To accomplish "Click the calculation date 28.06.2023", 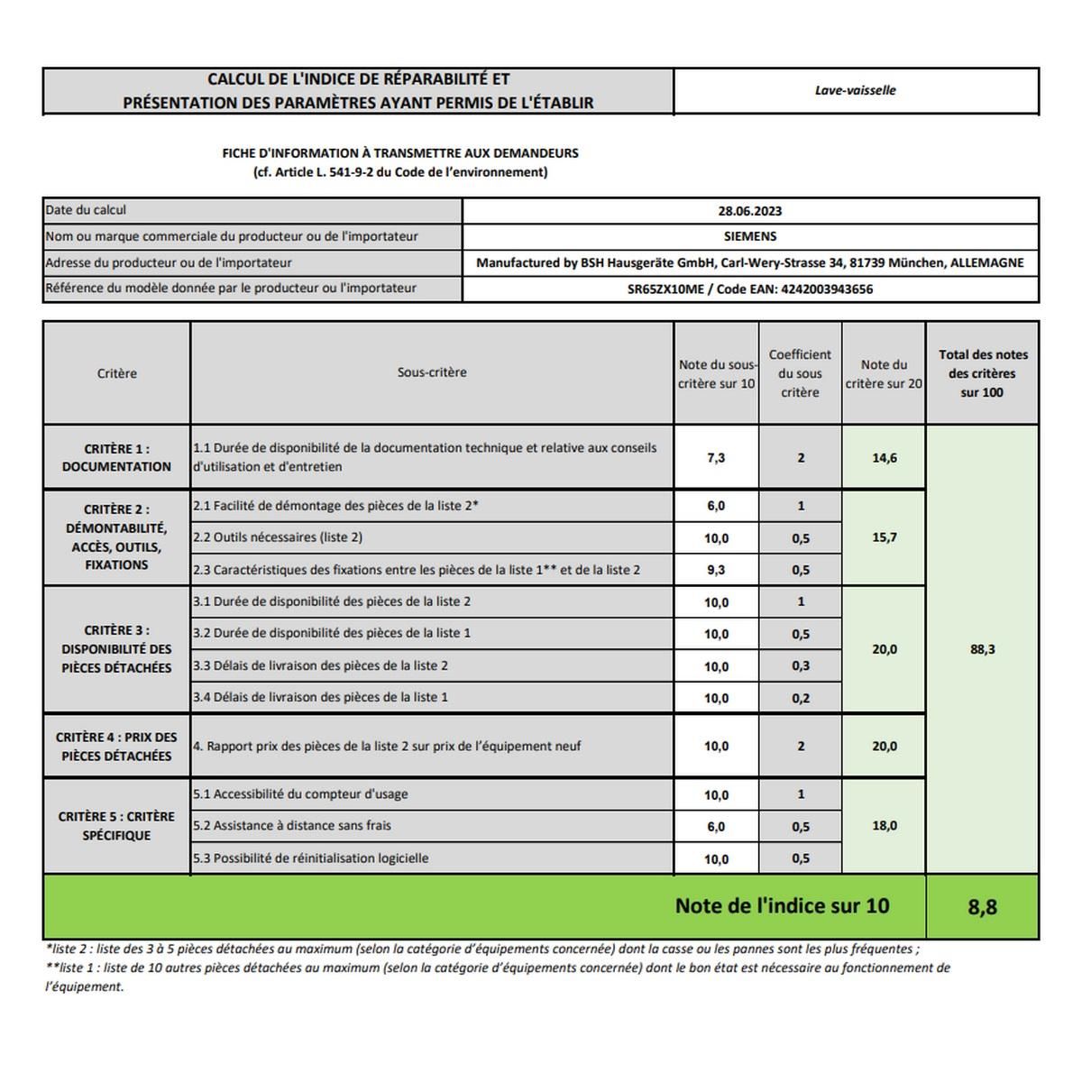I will tap(749, 211).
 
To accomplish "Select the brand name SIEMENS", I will tap(749, 236).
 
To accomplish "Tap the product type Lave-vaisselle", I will tap(855, 90).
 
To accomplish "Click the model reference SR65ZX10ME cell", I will tap(749, 289).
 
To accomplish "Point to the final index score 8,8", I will tap(982, 907).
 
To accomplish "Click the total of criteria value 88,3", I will tap(982, 649).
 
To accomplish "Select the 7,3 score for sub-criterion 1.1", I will tap(716, 458).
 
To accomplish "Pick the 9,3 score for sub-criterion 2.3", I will tap(716, 570).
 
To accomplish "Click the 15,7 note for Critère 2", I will tap(884, 537).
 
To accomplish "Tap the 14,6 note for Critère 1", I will tap(884, 458).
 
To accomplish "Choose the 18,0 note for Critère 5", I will tap(884, 826).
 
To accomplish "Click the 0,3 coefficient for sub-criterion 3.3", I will tap(801, 666).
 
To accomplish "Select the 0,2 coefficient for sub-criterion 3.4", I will tap(801, 698).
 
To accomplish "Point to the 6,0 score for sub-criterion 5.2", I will tap(716, 827).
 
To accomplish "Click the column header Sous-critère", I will tap(432, 372).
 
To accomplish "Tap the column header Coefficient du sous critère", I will tap(800, 373).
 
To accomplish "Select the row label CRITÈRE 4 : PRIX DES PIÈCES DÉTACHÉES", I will tap(116, 747).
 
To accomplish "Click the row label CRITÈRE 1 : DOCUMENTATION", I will tap(116, 458).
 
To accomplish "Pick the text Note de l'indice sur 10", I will tap(782, 906).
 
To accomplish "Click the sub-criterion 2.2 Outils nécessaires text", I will tap(278, 537).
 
